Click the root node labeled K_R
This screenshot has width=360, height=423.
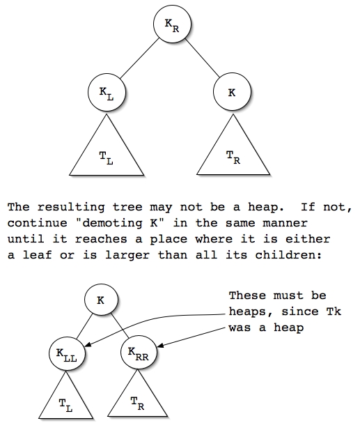(x=172, y=24)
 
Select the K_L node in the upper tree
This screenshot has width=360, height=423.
(x=107, y=92)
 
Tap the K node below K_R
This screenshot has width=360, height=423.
(x=232, y=92)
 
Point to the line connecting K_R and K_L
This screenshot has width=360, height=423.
(x=139, y=59)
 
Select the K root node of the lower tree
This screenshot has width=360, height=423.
(x=101, y=300)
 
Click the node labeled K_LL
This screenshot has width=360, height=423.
(x=67, y=353)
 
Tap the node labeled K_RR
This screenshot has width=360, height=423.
(x=139, y=353)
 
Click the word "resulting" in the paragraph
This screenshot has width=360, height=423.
(x=71, y=207)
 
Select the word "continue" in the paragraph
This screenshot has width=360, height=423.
(x=37, y=223)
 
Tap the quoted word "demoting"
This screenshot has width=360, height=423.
(x=112, y=223)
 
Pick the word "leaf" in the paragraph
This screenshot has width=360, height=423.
(x=37, y=254)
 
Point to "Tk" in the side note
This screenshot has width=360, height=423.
(x=334, y=312)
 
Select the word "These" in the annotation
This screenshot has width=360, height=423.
(x=247, y=295)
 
